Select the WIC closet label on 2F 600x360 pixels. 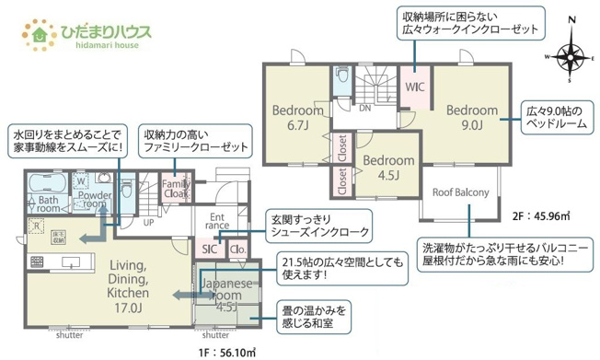pos(415,87)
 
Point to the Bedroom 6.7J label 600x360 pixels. pos(295,117)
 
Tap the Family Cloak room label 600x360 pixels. pos(177,189)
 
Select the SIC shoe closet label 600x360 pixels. pos(210,250)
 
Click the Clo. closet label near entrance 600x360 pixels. pos(236,250)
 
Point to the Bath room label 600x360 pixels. pos(48,204)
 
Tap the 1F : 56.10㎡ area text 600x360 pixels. pos(222,351)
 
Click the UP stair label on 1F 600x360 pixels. pos(148,222)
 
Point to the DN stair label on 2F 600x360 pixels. pos(364,108)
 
